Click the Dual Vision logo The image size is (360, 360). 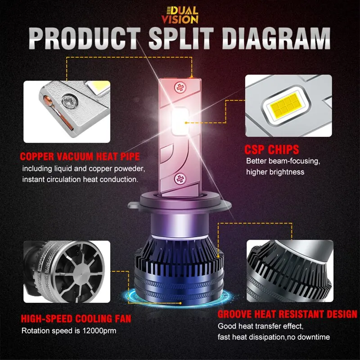point(180,15)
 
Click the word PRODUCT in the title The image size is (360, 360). point(85,38)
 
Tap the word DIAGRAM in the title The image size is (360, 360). point(276,38)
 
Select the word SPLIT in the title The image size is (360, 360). point(181,38)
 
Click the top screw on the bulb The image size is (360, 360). point(180,88)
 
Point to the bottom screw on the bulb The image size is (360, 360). point(180,179)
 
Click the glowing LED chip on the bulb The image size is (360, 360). point(180,121)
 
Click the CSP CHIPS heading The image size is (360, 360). point(272,149)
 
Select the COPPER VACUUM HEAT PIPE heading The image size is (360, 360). point(80,157)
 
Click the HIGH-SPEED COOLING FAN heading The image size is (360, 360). point(76,319)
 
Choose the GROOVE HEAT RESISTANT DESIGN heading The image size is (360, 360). point(287,314)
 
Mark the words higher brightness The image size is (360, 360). point(275,172)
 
